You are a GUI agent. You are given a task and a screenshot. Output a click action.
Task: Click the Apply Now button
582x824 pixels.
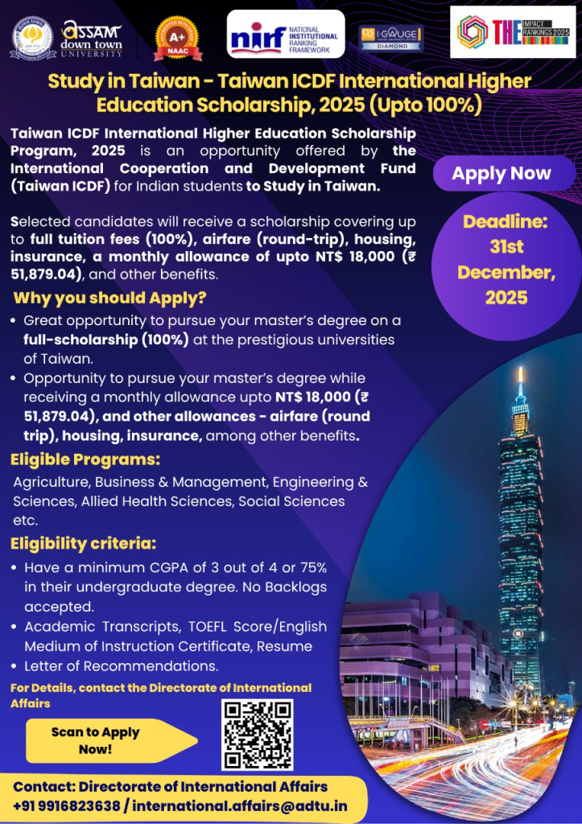pyautogui.click(x=502, y=173)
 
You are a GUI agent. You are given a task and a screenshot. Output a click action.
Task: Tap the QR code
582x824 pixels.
pyautogui.click(x=257, y=735)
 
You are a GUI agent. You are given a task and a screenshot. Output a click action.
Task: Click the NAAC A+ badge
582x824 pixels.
pyautogui.click(x=177, y=38)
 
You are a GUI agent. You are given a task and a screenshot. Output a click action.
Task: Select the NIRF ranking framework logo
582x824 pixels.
pyautogui.click(x=286, y=35)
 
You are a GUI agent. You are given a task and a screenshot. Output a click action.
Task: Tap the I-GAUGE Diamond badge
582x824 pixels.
pyautogui.click(x=391, y=37)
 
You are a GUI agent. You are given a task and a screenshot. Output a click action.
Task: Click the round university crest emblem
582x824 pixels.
pyautogui.click(x=33, y=37)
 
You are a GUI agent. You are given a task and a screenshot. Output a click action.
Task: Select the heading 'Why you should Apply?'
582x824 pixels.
pyautogui.click(x=110, y=298)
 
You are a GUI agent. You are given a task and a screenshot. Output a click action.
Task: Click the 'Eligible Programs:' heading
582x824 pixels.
pyautogui.click(x=85, y=460)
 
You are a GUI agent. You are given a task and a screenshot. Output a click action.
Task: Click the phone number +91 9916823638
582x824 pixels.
pyautogui.click(x=67, y=805)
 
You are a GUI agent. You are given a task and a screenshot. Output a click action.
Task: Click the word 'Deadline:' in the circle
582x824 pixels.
pyautogui.click(x=505, y=220)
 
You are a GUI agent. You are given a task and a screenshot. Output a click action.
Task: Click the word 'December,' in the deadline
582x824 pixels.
pyautogui.click(x=506, y=272)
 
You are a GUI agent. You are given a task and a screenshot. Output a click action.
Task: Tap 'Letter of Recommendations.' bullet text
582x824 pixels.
pyautogui.click(x=121, y=666)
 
